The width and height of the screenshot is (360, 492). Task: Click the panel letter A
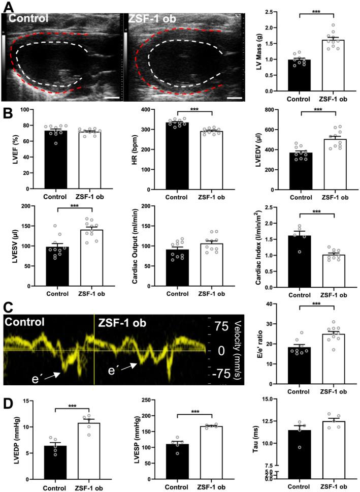pyautogui.click(x=7, y=6)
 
